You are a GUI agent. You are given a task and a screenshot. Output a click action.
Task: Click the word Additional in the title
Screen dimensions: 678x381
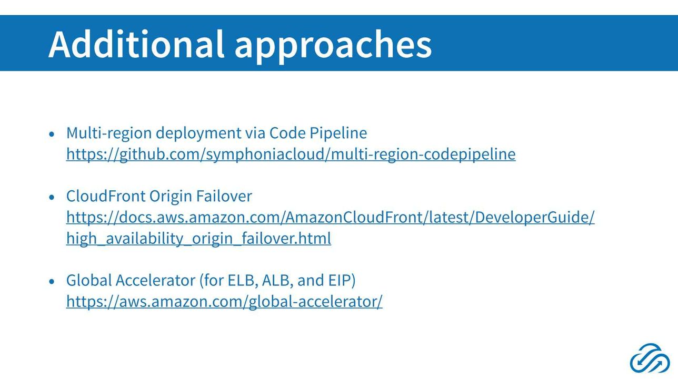pyautogui.click(x=136, y=44)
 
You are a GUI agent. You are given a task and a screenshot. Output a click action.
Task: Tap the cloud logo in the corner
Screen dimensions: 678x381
pyautogui.click(x=650, y=358)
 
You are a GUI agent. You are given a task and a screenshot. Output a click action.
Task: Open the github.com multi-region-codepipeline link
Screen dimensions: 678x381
pyautogui.click(x=291, y=154)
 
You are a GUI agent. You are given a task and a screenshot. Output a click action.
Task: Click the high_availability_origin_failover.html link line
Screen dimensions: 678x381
pyautogui.click(x=198, y=238)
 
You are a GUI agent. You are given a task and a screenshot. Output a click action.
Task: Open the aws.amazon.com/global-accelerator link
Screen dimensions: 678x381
pyautogui.click(x=224, y=301)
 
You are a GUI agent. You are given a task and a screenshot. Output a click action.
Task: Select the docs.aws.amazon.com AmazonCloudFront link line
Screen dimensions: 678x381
pyautogui.click(x=331, y=217)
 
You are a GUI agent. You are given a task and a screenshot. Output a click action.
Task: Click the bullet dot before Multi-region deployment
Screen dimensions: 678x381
pyautogui.click(x=52, y=134)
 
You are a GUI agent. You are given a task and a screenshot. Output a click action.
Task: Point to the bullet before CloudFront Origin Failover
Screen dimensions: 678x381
pyautogui.click(x=52, y=197)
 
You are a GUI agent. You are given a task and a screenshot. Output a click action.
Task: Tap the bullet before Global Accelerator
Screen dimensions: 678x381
pyautogui.click(x=52, y=281)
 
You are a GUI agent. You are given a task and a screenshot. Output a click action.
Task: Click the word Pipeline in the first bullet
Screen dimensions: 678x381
pyautogui.click(x=338, y=133)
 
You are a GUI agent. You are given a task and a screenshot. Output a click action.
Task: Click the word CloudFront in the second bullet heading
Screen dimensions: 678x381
pyautogui.click(x=106, y=196)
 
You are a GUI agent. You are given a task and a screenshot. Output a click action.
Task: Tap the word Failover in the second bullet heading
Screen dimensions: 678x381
pyautogui.click(x=224, y=196)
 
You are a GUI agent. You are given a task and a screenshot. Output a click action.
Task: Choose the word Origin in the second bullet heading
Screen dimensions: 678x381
pyautogui.click(x=171, y=197)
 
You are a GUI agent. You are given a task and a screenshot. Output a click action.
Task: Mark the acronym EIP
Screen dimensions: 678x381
pyautogui.click(x=340, y=280)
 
